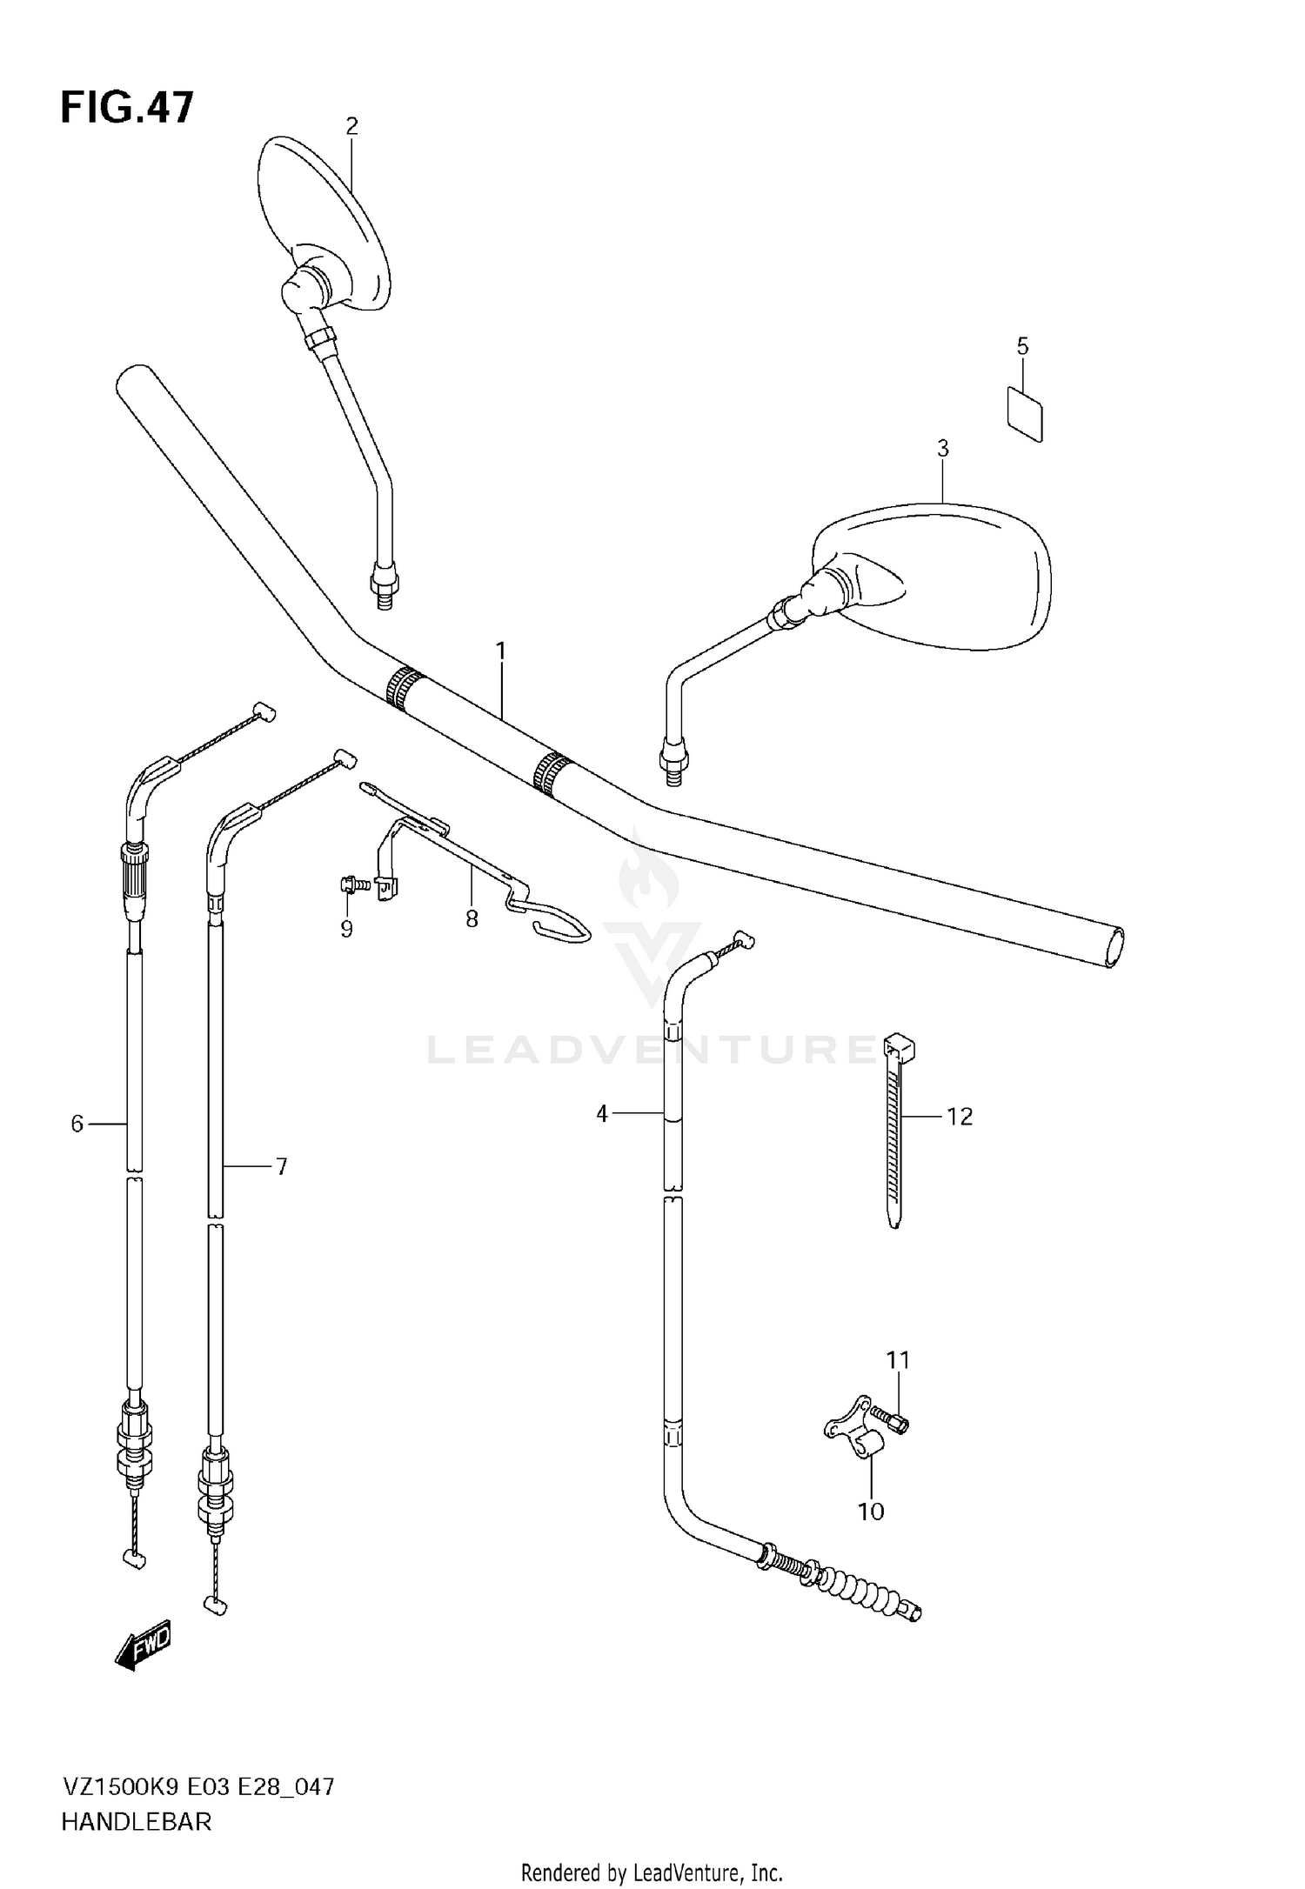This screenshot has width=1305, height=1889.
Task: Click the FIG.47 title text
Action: (x=127, y=109)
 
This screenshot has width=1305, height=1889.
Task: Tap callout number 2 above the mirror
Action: (x=351, y=127)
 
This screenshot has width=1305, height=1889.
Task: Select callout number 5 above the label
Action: (x=1022, y=346)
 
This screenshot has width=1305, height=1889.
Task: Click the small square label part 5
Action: (x=1025, y=414)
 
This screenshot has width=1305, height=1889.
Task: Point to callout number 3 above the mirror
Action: (x=942, y=449)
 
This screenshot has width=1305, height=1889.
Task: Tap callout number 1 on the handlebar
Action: (x=501, y=651)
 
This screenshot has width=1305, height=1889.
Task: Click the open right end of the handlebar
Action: (x=1114, y=946)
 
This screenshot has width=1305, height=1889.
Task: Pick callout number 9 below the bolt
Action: (x=346, y=930)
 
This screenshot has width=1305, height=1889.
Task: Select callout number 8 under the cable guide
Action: (x=472, y=919)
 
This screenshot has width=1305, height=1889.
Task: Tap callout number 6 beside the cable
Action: (x=77, y=1125)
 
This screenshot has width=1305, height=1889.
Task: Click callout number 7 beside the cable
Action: (x=281, y=1167)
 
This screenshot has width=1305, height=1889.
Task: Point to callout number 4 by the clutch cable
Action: (x=602, y=1113)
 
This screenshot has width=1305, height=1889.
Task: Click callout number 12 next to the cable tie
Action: (x=959, y=1117)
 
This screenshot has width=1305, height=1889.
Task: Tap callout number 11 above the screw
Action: (x=898, y=1359)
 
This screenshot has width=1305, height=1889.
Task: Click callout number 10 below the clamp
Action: (x=871, y=1512)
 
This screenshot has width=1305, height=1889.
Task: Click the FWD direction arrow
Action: (x=144, y=1646)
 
